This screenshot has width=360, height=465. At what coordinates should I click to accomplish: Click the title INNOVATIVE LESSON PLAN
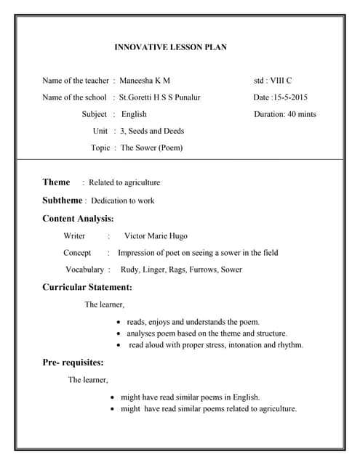171,47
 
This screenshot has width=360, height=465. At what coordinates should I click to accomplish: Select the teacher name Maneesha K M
145,81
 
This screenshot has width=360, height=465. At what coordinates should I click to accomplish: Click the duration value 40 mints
298,114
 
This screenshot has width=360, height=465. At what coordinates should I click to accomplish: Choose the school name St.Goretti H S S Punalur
159,97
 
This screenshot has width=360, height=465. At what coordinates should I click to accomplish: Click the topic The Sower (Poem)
151,147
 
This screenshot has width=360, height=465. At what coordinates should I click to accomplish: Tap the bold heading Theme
56,182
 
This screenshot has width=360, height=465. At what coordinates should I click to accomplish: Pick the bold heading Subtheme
62,200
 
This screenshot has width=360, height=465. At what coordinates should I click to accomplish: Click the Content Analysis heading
78,218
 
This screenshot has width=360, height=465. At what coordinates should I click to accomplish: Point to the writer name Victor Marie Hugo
156,235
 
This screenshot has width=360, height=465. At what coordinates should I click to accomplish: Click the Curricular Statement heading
87,288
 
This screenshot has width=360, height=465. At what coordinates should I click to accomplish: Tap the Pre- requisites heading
73,362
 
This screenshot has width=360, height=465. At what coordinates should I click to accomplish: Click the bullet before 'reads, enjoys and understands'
119,322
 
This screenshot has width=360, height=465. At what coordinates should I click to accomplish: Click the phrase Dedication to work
123,201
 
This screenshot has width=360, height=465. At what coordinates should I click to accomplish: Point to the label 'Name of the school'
73,97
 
